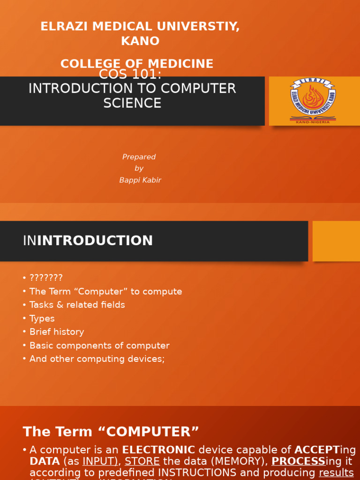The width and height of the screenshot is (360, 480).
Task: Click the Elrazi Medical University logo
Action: pyautogui.click(x=313, y=100)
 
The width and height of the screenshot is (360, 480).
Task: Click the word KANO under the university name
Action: pyautogui.click(x=140, y=41)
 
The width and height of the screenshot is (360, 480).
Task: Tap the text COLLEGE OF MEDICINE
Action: pyautogui.click(x=137, y=64)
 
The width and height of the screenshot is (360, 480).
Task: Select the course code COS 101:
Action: pyautogui.click(x=130, y=75)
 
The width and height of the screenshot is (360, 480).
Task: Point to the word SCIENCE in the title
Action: pyautogui.click(x=132, y=103)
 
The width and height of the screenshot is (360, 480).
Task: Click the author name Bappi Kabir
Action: pyautogui.click(x=140, y=180)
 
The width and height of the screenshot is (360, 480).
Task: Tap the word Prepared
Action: pyautogui.click(x=139, y=157)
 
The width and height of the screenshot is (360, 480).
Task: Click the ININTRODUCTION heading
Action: pyautogui.click(x=88, y=241)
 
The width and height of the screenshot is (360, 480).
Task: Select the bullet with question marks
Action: pyautogui.click(x=46, y=278)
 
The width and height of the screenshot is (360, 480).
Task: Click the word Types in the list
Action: pyautogui.click(x=42, y=319)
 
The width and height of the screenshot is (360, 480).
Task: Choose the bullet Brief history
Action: pyautogui.click(x=57, y=332)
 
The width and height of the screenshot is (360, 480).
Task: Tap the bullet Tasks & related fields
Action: pyautogui.click(x=77, y=305)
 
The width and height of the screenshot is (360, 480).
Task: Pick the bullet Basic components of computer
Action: pyautogui.click(x=99, y=345)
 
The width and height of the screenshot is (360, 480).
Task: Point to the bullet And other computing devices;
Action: pyautogui.click(x=97, y=359)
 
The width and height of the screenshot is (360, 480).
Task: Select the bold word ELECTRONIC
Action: pyautogui.click(x=158, y=450)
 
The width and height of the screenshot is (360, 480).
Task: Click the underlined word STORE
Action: pyautogui.click(x=142, y=461)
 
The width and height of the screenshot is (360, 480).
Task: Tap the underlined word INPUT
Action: pyautogui.click(x=100, y=461)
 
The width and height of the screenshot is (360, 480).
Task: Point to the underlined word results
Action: pyautogui.click(x=336, y=472)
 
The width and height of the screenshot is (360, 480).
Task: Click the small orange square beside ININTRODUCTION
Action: pyautogui.click(x=336, y=241)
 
